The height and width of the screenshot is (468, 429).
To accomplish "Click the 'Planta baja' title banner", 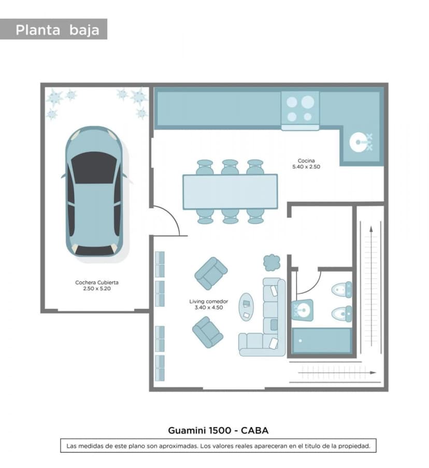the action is (x=54, y=29).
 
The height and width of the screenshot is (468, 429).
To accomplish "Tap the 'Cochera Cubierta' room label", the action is (x=97, y=282).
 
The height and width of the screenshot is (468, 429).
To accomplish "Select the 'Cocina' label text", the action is (x=306, y=161).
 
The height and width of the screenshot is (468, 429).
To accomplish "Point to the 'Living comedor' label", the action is (x=208, y=302).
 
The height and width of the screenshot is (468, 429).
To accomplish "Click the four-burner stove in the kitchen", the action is (x=300, y=110).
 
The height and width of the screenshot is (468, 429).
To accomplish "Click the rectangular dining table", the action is (x=230, y=192).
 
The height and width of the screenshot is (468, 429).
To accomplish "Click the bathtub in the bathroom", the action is (x=322, y=341).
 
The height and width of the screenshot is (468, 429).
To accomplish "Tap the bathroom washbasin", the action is (x=302, y=310).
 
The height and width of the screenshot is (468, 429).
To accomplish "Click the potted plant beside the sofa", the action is (x=271, y=263).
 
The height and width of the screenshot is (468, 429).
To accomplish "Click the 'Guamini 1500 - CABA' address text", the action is (x=218, y=430).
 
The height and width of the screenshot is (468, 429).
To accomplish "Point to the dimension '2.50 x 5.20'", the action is (x=97, y=289).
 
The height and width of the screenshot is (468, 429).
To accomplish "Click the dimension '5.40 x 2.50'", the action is (x=306, y=167).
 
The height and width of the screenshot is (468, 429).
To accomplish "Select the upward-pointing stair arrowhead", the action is (x=371, y=229).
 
